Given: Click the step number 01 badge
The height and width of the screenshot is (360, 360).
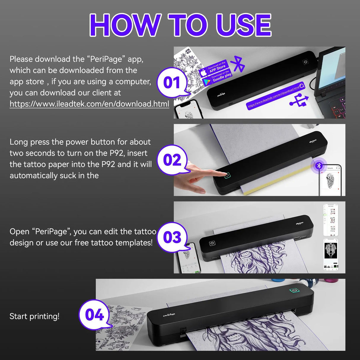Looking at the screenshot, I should [172, 82].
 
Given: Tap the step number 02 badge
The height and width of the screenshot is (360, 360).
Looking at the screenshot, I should [172, 160].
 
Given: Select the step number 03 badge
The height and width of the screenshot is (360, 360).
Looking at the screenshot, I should [172, 237].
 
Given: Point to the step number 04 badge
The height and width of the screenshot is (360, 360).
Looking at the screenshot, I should [94, 315].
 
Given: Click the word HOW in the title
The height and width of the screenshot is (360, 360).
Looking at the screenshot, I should [125, 25].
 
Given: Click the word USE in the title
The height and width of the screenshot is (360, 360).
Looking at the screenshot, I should [243, 25].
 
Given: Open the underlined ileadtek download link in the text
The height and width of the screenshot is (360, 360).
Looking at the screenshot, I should [89, 104].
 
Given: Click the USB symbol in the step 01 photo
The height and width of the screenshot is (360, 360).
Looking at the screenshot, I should [299, 100].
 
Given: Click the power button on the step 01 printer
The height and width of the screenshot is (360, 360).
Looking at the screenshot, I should [305, 62].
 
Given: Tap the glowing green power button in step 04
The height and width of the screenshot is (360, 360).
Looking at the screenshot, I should [294, 290].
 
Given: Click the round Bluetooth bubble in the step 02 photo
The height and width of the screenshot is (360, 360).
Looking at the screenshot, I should [319, 165].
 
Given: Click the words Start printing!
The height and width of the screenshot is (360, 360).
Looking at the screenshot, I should [34, 316].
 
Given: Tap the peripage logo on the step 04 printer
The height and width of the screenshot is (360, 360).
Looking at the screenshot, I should [169, 315].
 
